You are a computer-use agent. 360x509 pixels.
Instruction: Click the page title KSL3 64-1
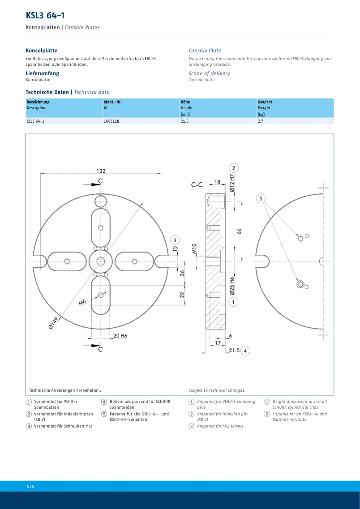[x=45, y=15]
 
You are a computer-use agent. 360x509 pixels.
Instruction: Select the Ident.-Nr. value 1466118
[x=109, y=121]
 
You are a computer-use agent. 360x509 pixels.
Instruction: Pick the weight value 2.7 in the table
[x=260, y=121]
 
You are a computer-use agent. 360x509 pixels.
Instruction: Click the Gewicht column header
[x=265, y=102]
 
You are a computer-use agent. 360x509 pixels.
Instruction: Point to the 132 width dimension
[x=101, y=171]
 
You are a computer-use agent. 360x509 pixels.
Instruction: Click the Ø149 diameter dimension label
[x=53, y=323]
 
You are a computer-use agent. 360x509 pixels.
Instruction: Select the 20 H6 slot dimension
[x=120, y=336]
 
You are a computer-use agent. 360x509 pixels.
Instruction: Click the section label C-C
[x=197, y=185]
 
